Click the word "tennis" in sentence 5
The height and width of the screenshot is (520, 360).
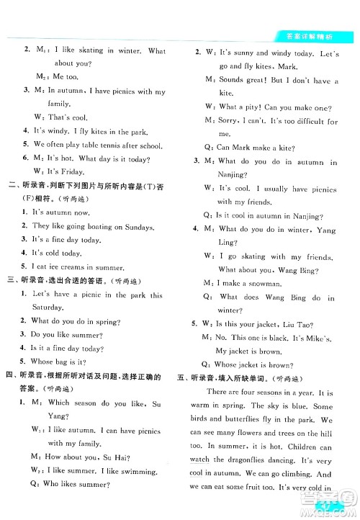pos(109,145)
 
